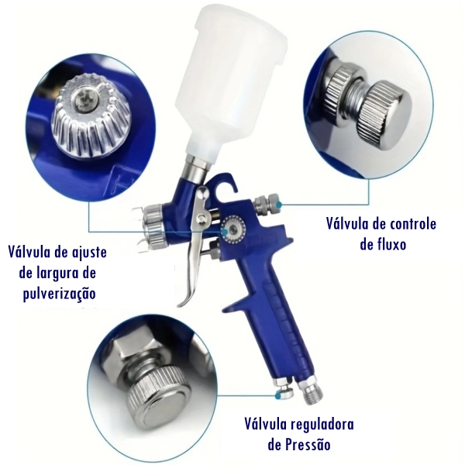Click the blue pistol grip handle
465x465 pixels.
pyautogui.click(x=267, y=310)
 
